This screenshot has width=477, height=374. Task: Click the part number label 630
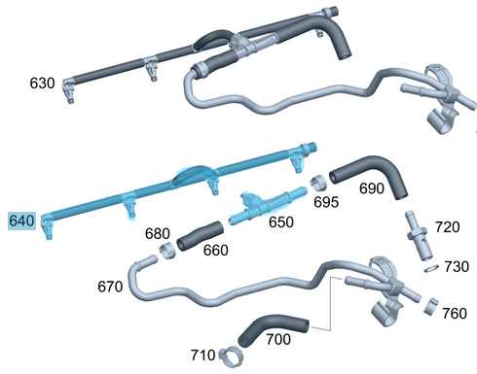(x=42, y=84)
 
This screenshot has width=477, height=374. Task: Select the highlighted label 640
(x=22, y=222)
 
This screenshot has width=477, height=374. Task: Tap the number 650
(x=280, y=222)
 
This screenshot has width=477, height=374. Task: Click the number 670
(x=111, y=288)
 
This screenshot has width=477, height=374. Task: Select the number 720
(x=447, y=227)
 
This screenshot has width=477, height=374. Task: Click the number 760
(x=454, y=313)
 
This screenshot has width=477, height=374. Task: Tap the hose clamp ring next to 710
(x=230, y=354)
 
